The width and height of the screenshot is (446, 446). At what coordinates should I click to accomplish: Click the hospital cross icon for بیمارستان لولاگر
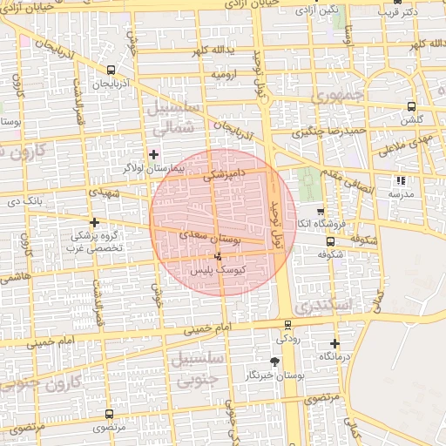(x=153, y=154)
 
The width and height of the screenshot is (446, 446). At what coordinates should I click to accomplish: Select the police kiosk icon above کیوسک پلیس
(x=217, y=256)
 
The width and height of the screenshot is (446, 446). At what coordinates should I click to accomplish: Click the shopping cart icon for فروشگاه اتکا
(x=321, y=212)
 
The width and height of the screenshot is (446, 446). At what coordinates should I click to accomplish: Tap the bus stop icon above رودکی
(x=287, y=324)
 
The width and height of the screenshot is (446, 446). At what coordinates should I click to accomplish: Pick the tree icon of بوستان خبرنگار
(x=275, y=361)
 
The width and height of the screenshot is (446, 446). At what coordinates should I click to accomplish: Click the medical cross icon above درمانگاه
(x=334, y=343)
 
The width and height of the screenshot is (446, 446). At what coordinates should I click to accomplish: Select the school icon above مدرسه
(x=401, y=181)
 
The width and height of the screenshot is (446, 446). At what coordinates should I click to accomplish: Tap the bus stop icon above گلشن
(x=410, y=106)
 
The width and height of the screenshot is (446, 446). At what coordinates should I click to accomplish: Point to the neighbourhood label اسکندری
(x=321, y=307)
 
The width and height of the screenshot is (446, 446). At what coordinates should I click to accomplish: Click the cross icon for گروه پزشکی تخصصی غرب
(x=94, y=222)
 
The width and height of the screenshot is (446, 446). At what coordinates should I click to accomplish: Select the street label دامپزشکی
(x=226, y=174)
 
